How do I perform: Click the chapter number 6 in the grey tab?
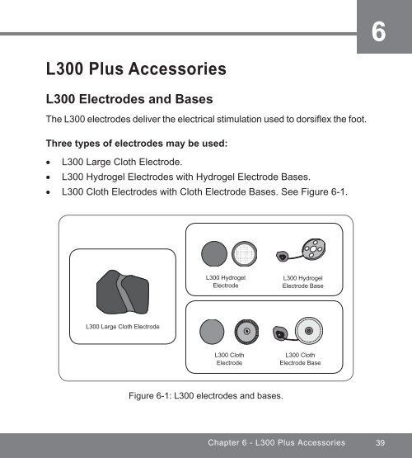[x=377, y=32]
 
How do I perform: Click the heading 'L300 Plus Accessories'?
[x=138, y=66]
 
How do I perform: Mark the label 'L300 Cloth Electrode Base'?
[x=300, y=359]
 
